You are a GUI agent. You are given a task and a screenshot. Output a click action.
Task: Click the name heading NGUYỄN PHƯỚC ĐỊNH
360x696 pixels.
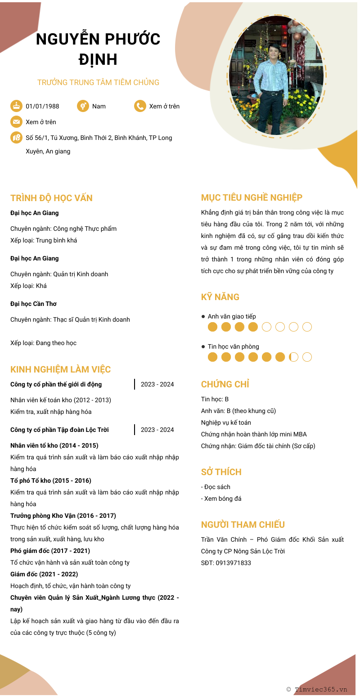click(x=98, y=49)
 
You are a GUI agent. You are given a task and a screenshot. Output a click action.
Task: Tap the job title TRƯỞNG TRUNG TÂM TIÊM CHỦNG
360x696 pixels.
click(x=98, y=82)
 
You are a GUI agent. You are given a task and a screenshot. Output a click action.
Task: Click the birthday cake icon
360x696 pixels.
click(x=16, y=106)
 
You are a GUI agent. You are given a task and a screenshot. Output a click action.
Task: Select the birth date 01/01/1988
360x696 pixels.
click(x=42, y=106)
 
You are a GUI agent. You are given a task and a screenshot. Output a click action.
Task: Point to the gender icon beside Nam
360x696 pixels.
click(x=83, y=106)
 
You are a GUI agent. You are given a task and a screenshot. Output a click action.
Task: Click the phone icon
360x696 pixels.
click(x=140, y=106)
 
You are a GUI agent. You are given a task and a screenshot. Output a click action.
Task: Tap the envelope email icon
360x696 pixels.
click(x=16, y=122)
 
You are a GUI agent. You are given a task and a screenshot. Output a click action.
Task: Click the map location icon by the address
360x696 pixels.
click(x=16, y=138)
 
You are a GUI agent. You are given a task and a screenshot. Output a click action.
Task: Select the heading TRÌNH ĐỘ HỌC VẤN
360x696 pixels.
click(x=51, y=198)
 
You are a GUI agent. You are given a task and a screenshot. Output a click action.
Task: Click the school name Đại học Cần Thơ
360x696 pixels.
click(x=33, y=304)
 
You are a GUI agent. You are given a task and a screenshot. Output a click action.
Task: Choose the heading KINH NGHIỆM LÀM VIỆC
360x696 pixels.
click(x=60, y=369)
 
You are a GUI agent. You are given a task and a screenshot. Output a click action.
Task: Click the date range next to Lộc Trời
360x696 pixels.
click(x=157, y=430)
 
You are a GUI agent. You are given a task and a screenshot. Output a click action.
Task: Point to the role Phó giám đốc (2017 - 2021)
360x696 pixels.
click(x=50, y=551)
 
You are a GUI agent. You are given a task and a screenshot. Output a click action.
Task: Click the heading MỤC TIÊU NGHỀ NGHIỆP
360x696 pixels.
click(x=252, y=198)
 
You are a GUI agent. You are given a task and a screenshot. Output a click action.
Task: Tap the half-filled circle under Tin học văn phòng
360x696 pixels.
click(x=293, y=357)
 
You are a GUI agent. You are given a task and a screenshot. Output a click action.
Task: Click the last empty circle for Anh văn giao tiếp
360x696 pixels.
click(x=307, y=327)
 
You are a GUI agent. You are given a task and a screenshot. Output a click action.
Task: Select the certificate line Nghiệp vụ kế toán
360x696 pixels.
click(x=226, y=422)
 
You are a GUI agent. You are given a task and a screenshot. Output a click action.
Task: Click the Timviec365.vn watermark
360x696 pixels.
click(x=317, y=689)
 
